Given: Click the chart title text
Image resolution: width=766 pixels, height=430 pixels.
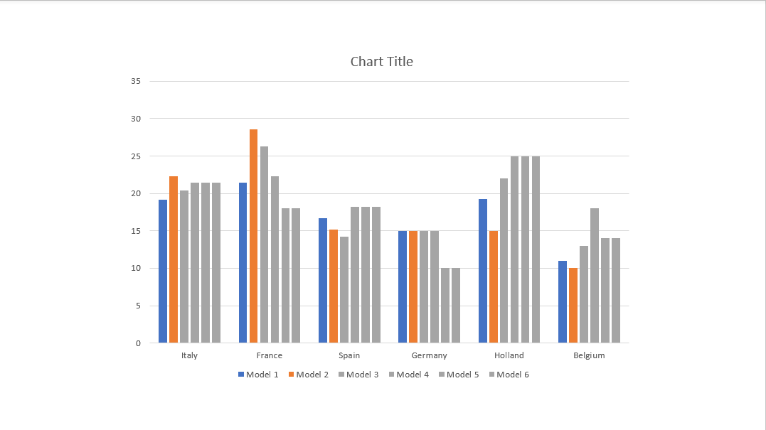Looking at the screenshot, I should (x=381, y=62).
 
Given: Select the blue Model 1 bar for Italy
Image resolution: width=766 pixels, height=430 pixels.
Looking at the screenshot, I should (x=163, y=272).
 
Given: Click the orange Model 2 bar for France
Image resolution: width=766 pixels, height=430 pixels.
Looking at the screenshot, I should (x=253, y=236).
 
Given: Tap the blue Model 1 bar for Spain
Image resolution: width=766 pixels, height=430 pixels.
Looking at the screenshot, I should (x=322, y=281).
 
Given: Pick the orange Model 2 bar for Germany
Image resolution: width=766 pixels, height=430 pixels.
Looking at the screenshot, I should (x=413, y=287).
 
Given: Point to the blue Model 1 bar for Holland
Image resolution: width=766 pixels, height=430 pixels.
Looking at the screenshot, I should (x=483, y=272).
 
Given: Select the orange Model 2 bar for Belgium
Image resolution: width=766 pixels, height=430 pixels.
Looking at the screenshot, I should (x=573, y=306).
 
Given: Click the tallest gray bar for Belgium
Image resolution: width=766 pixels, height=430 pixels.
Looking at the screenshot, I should (x=595, y=276).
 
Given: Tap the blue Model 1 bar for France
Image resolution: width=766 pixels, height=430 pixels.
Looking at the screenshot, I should (x=243, y=263).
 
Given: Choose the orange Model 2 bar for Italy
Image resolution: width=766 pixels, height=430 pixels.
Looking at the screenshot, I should (x=174, y=259).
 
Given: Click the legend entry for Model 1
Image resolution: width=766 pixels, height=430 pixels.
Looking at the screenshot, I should (x=258, y=375).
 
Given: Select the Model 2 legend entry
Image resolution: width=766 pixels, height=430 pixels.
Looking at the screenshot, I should (x=308, y=375).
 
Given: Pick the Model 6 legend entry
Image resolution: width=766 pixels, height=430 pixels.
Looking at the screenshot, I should (x=509, y=375).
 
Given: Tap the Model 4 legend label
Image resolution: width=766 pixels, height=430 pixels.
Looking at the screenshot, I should (x=408, y=375).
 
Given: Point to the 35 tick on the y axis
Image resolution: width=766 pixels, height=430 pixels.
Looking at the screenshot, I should (x=135, y=81).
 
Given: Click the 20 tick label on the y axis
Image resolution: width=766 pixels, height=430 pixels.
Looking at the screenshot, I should (x=135, y=193).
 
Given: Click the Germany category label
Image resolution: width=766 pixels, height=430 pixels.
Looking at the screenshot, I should (x=429, y=355).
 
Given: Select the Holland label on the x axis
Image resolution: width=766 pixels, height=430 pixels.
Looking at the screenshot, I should (x=509, y=355).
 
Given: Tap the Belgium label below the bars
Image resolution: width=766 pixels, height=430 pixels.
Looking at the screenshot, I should (x=589, y=355).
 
